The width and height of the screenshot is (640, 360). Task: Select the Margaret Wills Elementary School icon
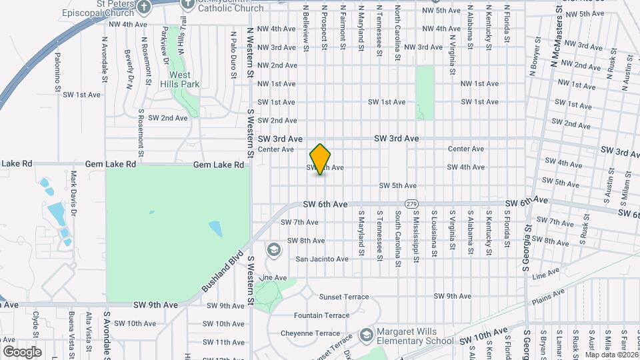366,333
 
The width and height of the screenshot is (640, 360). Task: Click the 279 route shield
411,203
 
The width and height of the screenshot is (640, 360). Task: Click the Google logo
22,351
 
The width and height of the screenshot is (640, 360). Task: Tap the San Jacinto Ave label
322,259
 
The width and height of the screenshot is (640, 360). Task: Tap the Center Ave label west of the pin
276,149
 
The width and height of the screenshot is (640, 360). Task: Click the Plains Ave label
548,296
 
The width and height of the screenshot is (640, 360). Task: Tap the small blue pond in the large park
215,229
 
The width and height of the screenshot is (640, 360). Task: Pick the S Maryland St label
361,233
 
